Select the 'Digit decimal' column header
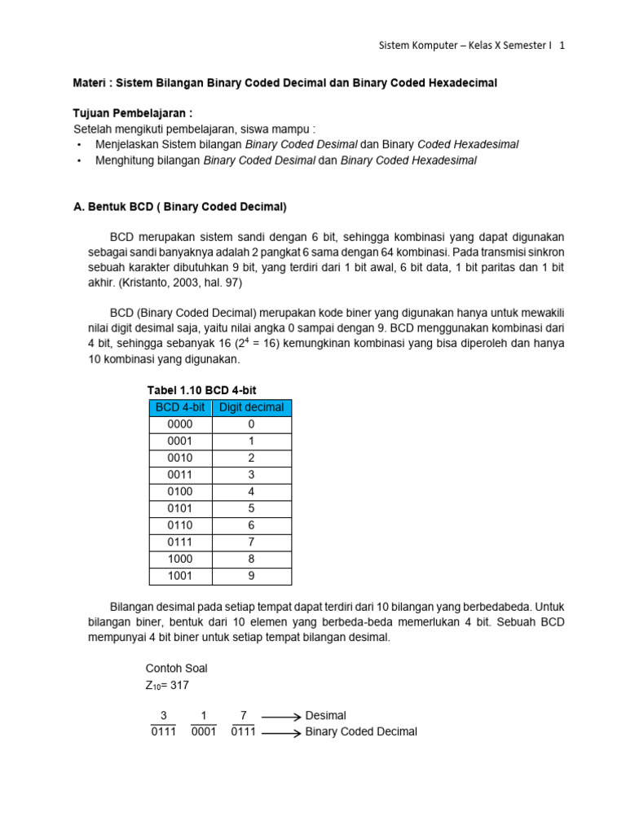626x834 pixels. (x=251, y=407)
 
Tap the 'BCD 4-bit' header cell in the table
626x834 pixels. (x=179, y=407)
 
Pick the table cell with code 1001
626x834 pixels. (x=179, y=577)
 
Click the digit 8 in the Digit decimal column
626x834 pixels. (x=251, y=560)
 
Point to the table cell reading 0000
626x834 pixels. (x=179, y=424)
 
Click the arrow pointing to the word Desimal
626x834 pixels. (x=280, y=716)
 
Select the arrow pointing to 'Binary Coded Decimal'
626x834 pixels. (x=280, y=732)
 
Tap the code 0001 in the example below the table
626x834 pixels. (x=204, y=732)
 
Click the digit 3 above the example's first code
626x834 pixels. (x=163, y=715)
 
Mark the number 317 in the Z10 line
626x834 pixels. (x=179, y=685)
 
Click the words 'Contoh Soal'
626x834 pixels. (x=176, y=669)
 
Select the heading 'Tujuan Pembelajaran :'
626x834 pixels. (x=133, y=113)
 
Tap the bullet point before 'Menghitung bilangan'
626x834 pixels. (x=78, y=161)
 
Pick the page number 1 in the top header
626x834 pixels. (x=562, y=46)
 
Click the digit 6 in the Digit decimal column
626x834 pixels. (x=251, y=526)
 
